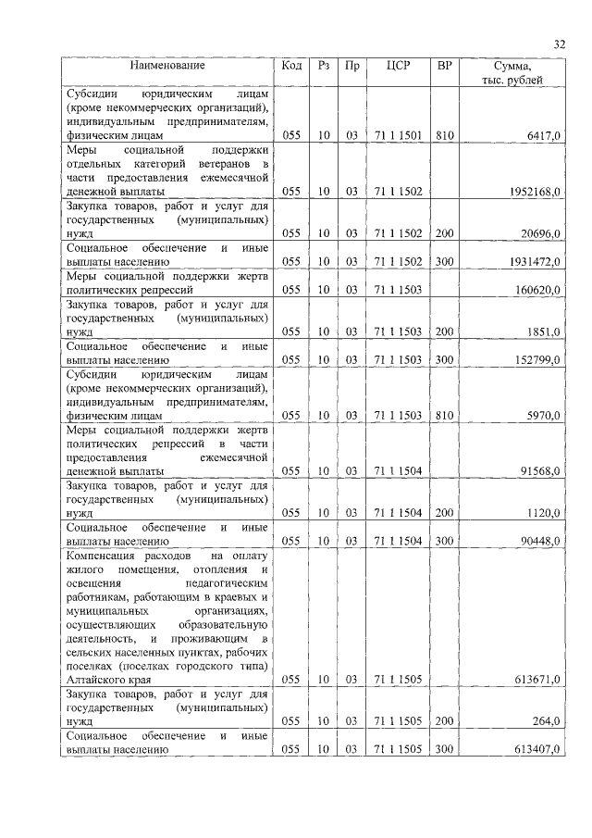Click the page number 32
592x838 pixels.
tap(560, 44)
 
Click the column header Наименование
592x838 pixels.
tap(167, 66)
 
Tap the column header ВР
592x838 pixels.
tap(444, 66)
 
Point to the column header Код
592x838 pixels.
tap(291, 66)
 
